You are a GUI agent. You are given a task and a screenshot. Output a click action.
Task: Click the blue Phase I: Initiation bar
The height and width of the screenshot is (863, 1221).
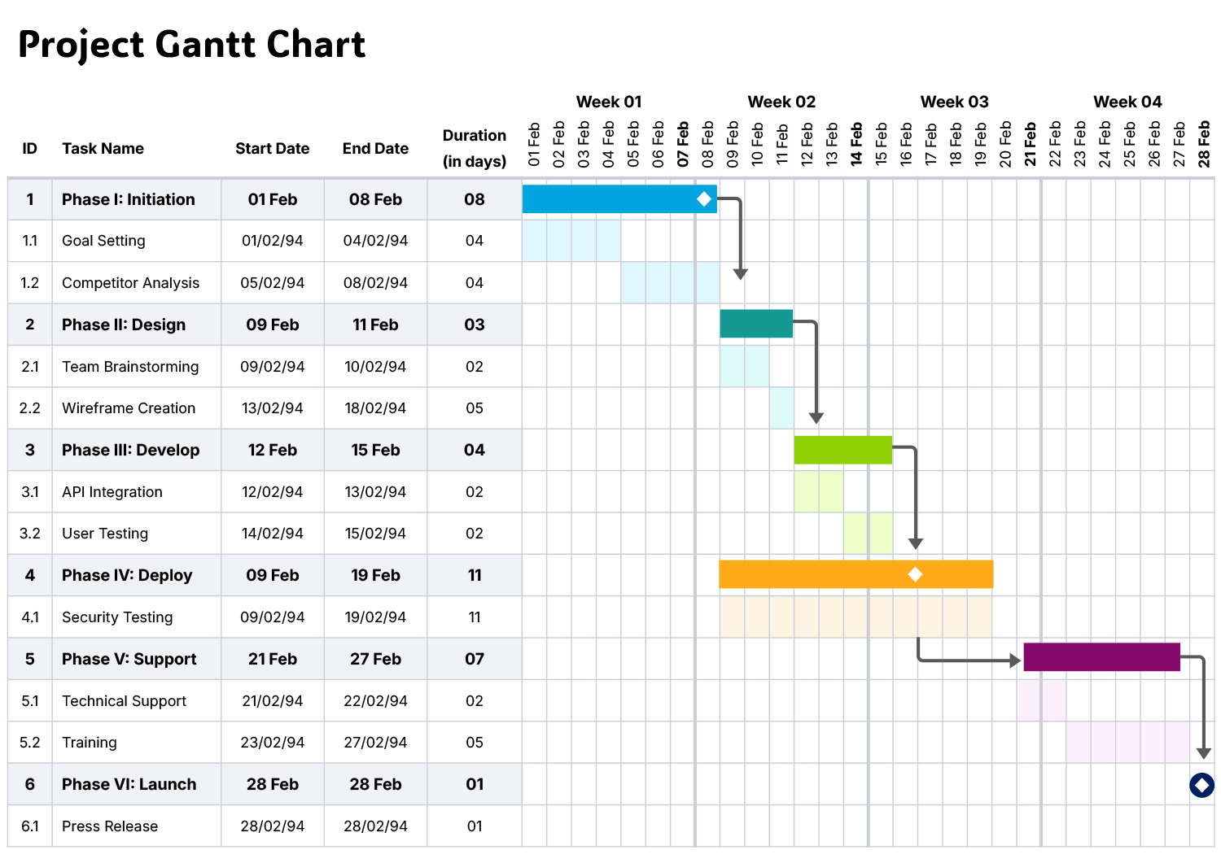610,199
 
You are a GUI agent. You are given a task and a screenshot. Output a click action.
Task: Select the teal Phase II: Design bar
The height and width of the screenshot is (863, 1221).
755,324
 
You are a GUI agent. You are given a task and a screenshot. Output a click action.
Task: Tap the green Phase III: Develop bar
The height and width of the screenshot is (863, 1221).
842,450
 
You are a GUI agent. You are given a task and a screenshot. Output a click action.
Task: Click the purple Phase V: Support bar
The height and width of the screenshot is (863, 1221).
1101,657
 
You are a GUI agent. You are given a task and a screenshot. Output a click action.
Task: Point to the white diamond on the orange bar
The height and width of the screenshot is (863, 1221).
915,574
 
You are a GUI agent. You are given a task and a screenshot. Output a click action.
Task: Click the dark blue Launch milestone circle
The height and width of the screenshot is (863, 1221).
1201,785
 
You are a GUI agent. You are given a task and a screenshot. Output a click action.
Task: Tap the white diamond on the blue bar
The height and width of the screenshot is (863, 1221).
704,199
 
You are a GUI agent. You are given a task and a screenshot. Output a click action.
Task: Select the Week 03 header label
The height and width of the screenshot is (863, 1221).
954,102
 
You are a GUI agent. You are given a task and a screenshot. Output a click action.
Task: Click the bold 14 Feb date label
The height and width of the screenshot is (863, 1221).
856,145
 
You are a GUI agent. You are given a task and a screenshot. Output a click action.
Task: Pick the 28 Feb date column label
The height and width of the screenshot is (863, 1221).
1203,145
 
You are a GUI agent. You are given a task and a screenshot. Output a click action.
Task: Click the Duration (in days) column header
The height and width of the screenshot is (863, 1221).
474,148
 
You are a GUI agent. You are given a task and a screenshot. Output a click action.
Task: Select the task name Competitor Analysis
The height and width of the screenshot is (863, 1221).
130,283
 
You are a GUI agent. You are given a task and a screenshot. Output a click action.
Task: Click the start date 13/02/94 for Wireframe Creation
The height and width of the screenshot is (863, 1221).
272,408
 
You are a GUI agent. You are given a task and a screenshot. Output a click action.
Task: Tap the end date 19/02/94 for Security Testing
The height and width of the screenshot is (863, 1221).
375,617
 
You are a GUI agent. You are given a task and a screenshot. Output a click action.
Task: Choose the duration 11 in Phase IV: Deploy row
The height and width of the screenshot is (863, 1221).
475,576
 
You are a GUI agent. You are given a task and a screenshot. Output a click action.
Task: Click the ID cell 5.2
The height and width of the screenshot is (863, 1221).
30,743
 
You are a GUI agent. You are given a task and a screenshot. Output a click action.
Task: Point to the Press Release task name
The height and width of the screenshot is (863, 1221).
110,826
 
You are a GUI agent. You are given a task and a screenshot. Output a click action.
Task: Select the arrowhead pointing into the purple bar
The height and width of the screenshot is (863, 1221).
1015,660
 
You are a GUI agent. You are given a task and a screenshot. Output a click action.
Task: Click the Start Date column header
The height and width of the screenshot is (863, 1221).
272,149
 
